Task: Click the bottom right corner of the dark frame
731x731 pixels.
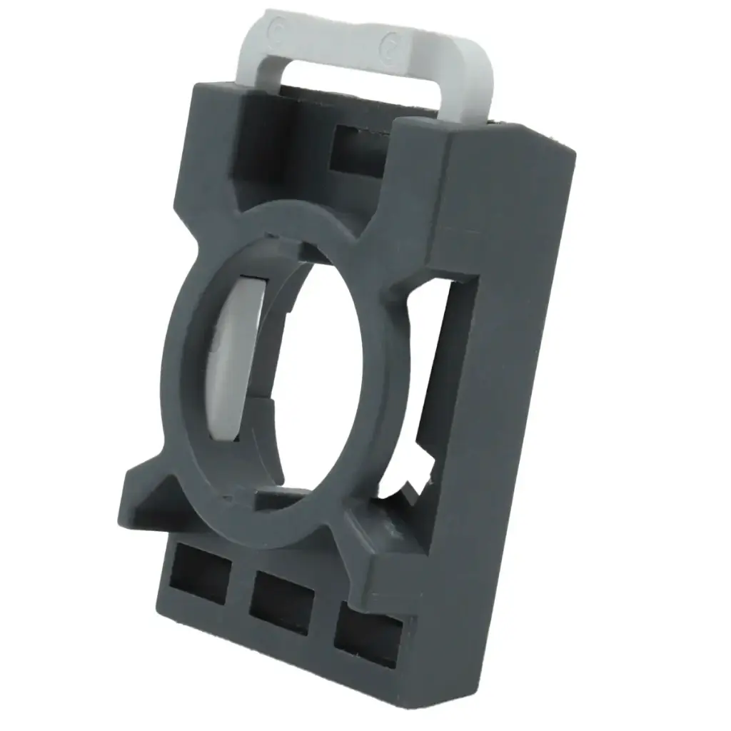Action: pyautogui.click(x=457, y=703)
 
